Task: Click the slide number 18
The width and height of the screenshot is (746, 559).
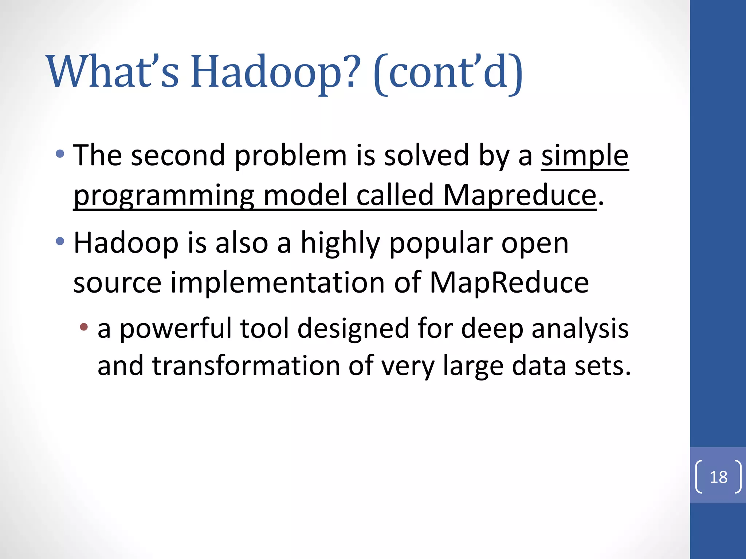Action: [x=718, y=477]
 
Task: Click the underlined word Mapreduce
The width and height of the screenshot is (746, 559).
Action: [x=519, y=196]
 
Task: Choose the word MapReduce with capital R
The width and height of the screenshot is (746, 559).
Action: [x=509, y=283]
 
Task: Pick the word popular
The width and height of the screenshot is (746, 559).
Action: [x=441, y=244]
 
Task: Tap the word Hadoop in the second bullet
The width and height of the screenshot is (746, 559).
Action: [x=126, y=244]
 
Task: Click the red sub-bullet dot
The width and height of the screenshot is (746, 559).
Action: [x=84, y=327]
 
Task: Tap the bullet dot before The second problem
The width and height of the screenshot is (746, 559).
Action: [x=60, y=154]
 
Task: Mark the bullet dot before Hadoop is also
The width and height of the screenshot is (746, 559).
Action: [x=60, y=241]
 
